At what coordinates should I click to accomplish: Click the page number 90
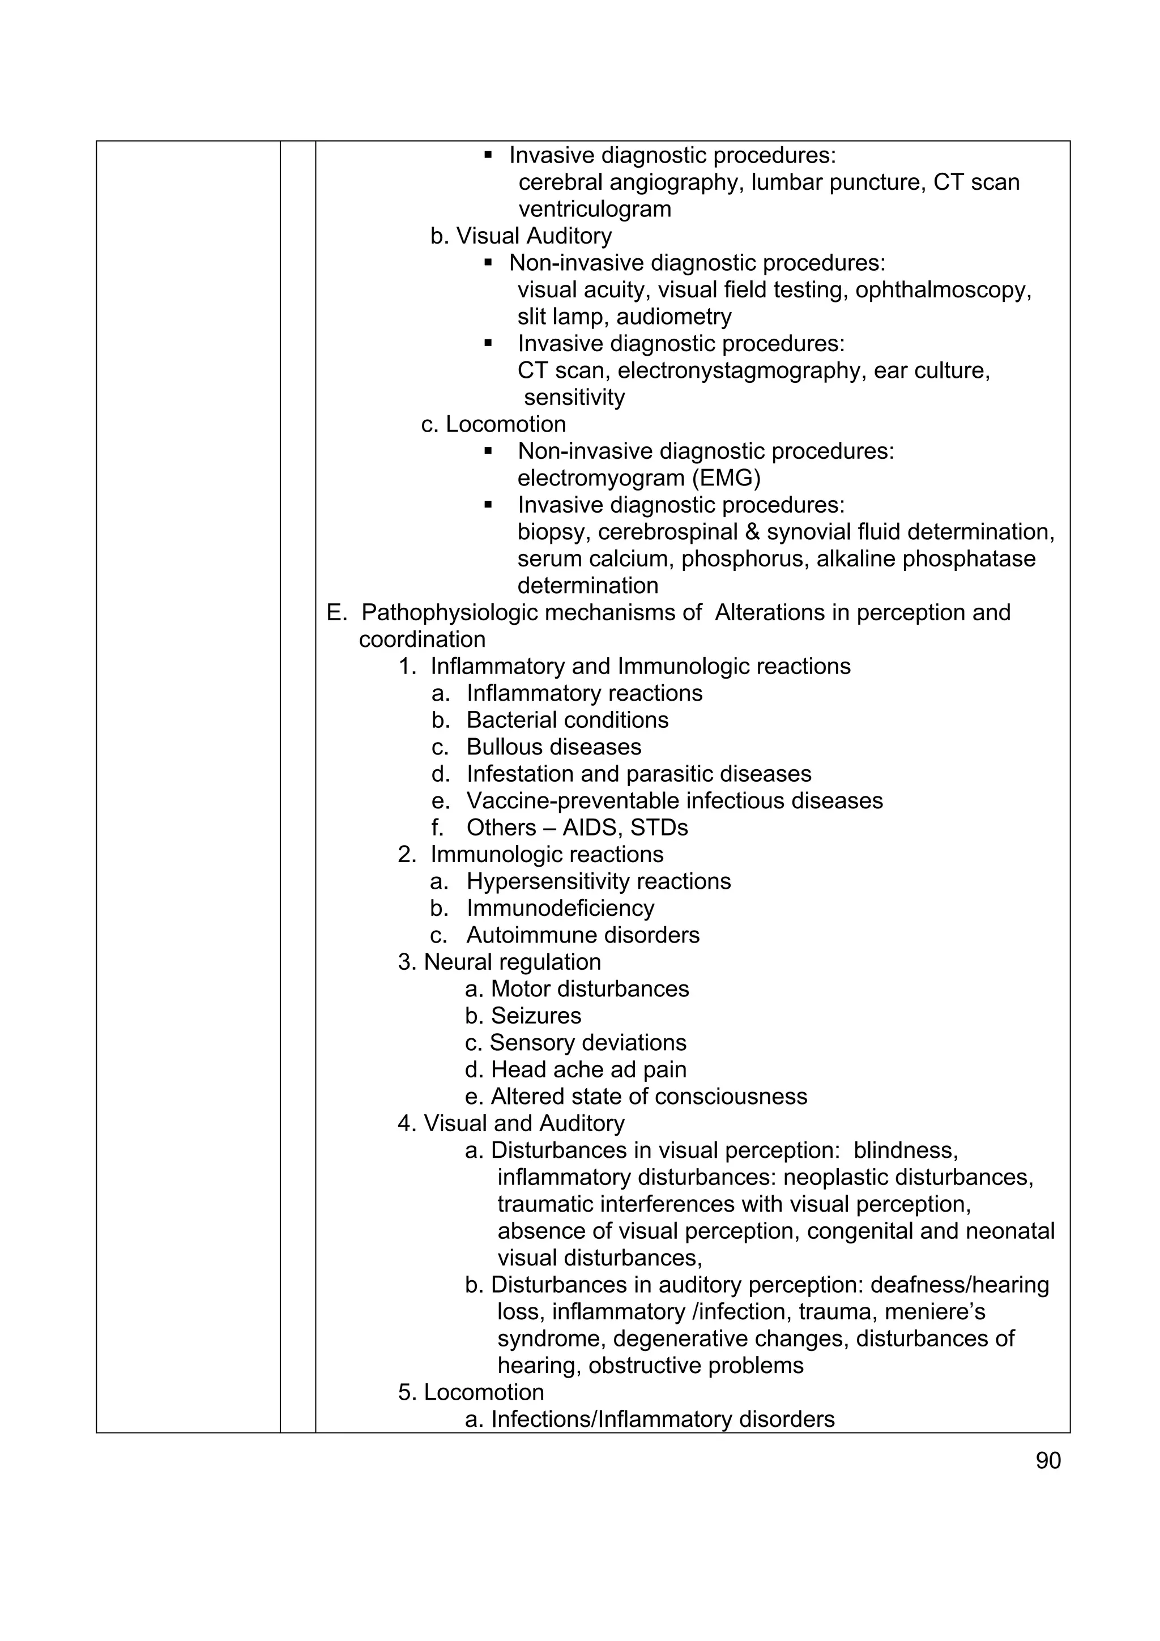1048,1460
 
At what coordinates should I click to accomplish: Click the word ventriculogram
595,210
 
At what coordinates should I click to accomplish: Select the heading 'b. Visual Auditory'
521,236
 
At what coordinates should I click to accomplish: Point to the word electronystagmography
742,371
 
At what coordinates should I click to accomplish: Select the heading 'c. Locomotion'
493,424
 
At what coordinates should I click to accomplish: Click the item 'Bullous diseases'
553,747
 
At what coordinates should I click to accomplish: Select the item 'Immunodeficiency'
560,909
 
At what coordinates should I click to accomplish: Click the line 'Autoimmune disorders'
582,936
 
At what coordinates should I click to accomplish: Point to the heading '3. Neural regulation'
499,962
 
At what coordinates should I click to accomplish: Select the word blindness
905,1150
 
